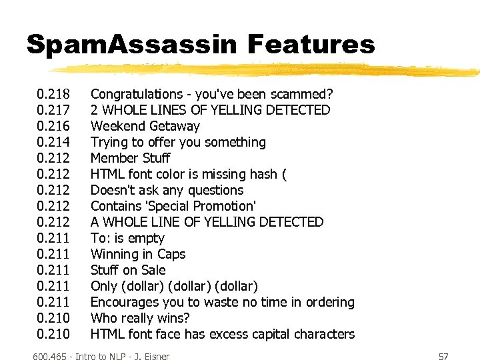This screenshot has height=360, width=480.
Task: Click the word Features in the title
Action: click(311, 45)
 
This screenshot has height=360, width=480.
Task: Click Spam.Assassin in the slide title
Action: click(131, 45)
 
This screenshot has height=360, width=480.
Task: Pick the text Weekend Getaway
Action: click(145, 126)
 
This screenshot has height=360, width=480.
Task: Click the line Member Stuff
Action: click(130, 158)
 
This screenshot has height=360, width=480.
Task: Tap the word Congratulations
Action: click(136, 94)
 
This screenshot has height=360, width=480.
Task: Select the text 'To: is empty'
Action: click(127, 238)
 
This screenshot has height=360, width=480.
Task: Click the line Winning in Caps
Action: click(138, 254)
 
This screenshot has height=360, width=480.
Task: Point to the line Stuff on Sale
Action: click(128, 270)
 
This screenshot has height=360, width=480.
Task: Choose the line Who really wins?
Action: click(140, 318)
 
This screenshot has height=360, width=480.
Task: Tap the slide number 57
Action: click(443, 357)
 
